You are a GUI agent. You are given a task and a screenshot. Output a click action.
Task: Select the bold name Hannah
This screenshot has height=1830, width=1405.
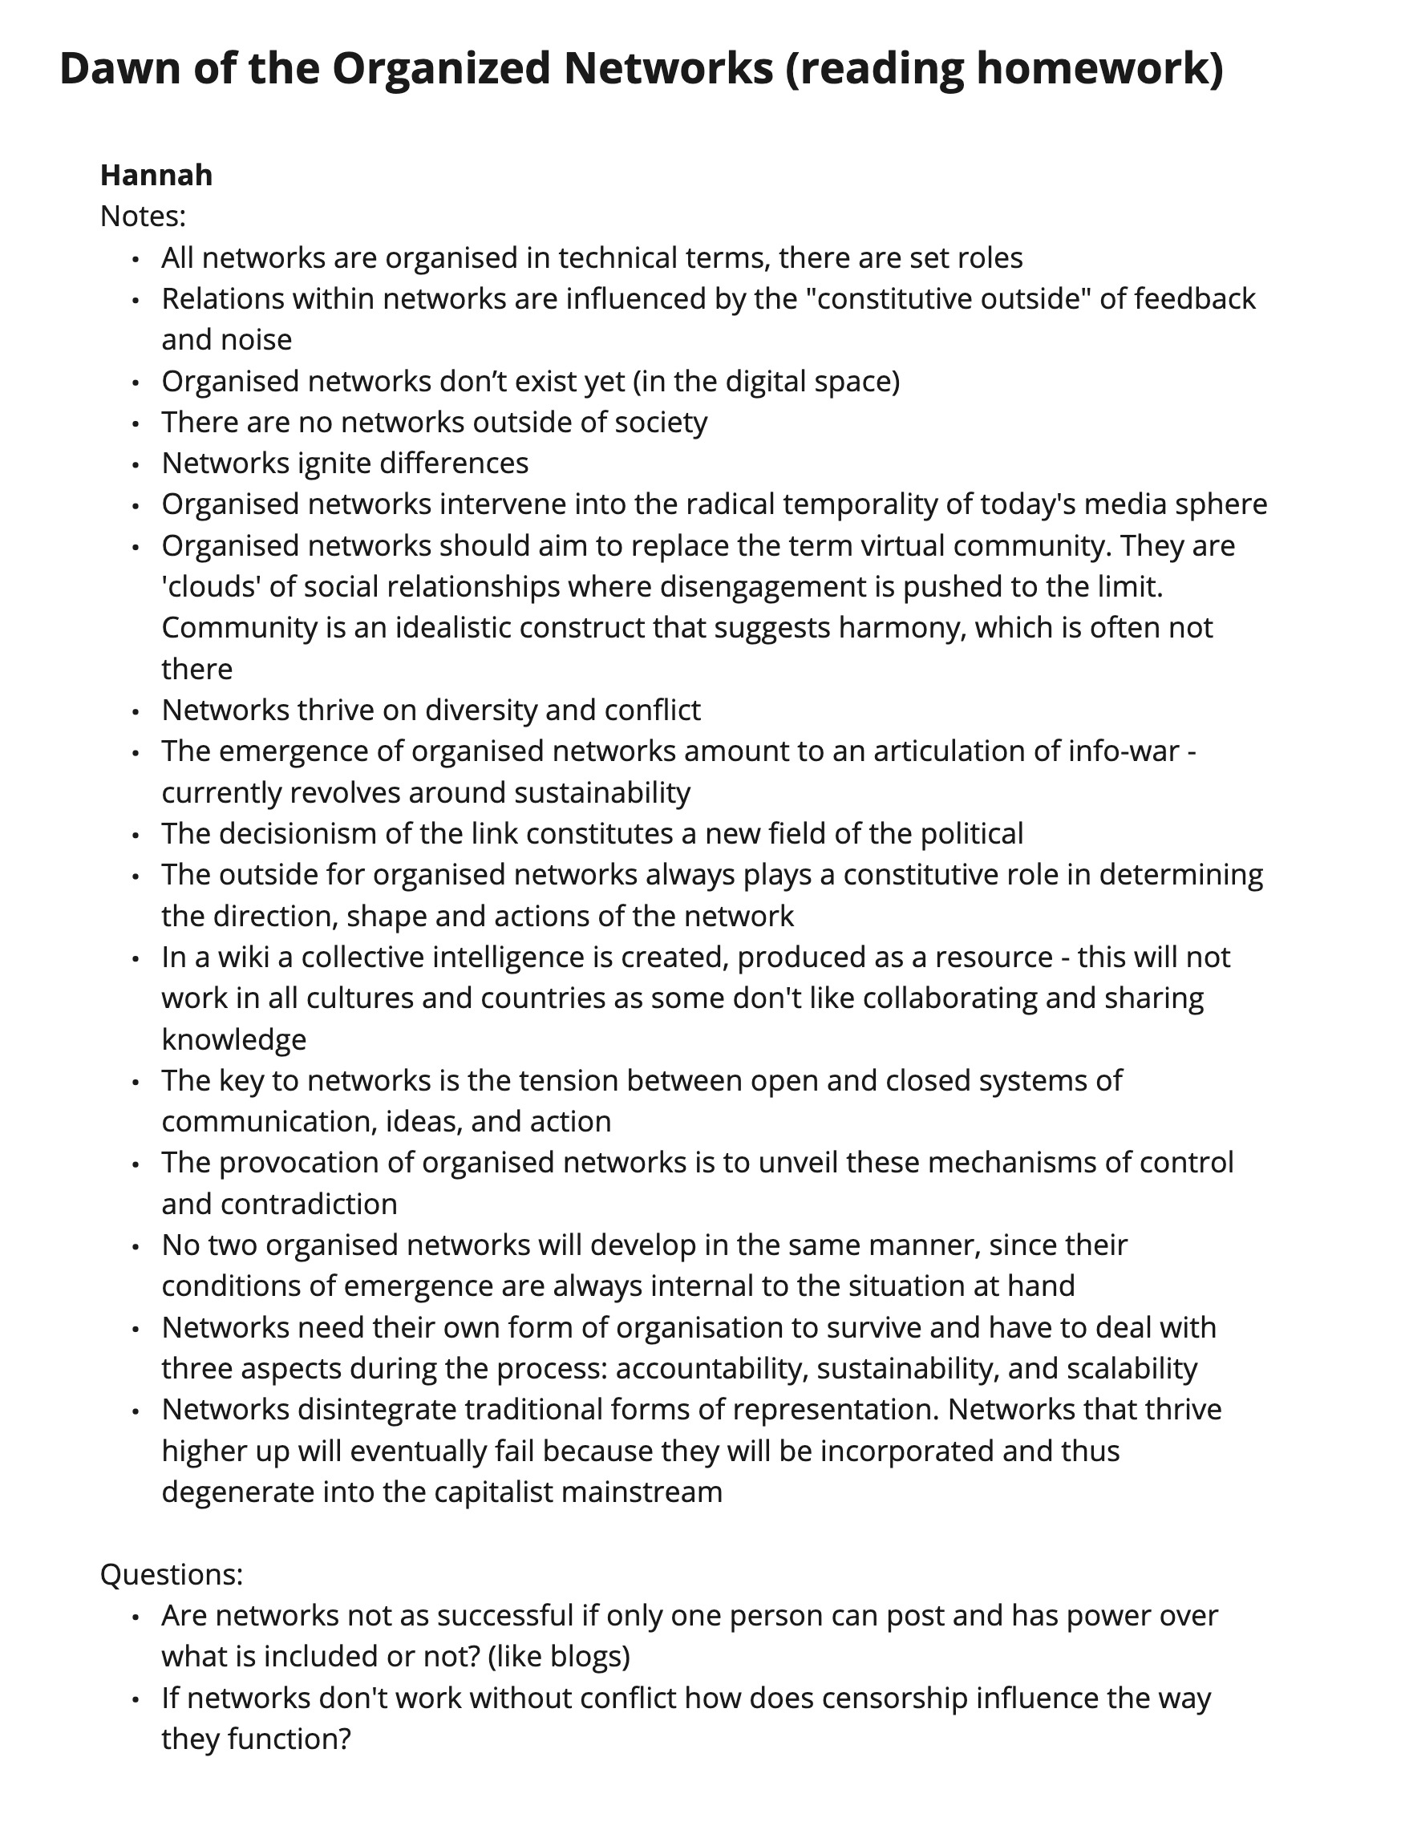156,176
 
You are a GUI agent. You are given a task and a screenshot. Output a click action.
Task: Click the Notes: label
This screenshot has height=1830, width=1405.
142,217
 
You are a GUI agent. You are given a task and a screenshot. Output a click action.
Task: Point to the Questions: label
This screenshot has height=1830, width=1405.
172,1574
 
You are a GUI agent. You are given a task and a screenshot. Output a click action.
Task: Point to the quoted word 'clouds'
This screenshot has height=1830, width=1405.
209,586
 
